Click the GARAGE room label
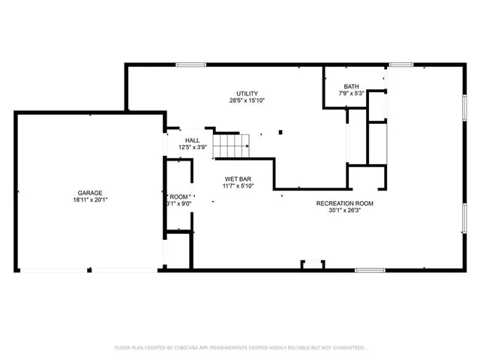coord(88,193)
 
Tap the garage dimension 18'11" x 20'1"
coord(88,200)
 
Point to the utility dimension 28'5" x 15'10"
coord(247,100)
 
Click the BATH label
coord(351,86)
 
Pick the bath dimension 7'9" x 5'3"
coord(351,94)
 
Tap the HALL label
coord(193,140)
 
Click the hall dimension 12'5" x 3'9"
coord(193,148)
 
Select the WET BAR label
coord(238,178)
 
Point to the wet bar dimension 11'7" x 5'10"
coord(238,186)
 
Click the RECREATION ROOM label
coord(344,203)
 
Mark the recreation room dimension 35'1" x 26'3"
coord(344,211)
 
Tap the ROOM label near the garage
coord(178,196)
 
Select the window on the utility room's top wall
coord(191,64)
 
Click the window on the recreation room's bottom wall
coord(370,270)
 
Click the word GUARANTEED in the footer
coord(348,348)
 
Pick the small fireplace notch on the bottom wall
coord(313,264)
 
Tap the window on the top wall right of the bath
coord(401,64)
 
